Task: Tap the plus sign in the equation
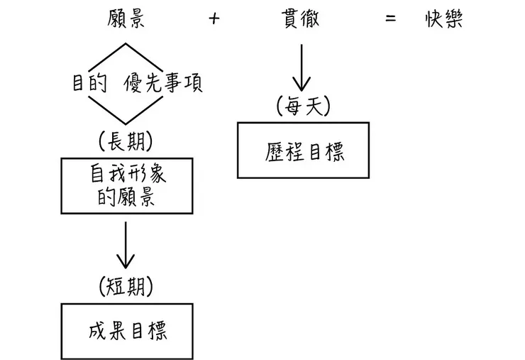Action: click(214, 19)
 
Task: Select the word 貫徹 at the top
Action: click(300, 19)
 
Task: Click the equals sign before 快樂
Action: click(390, 19)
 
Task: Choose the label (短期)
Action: click(127, 286)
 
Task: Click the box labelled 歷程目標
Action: click(303, 151)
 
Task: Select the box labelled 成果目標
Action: click(127, 331)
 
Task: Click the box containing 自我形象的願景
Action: click(127, 185)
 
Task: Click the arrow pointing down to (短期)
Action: click(126, 245)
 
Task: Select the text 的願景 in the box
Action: click(127, 197)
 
